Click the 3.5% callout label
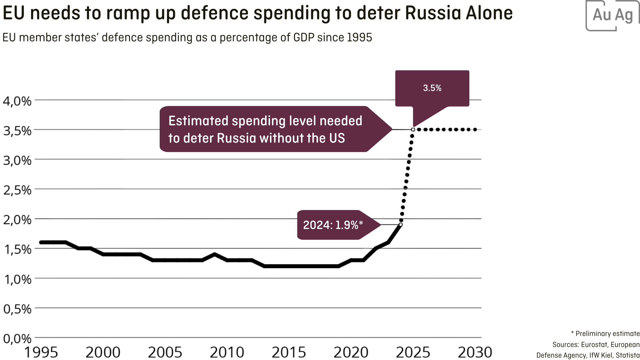coord(432,88)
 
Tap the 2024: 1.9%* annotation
coord(333,225)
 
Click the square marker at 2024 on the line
coord(401,225)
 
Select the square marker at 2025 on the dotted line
coord(413,129)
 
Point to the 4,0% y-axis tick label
coord(17,101)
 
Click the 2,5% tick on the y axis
coord(17,190)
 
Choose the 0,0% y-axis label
coord(17,339)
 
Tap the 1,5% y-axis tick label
coord(17,249)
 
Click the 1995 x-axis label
coord(41,352)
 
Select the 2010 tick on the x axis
coord(227,352)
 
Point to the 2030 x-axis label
coord(475,352)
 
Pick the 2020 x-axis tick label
coord(351,352)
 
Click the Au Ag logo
coord(613,15)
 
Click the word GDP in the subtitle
coord(304,38)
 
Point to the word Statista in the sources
coord(628,355)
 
